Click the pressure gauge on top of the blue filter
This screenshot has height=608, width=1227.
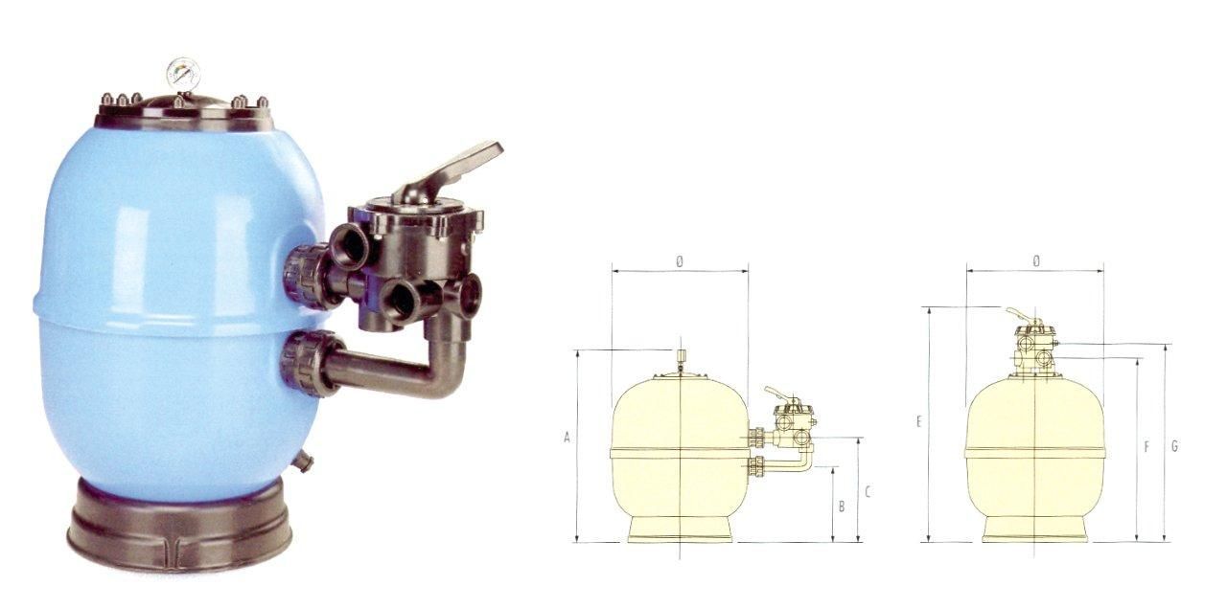[183, 73]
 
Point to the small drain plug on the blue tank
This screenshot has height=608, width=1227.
[303, 460]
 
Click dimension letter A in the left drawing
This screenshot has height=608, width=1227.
[567, 438]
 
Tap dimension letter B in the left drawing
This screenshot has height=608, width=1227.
[842, 507]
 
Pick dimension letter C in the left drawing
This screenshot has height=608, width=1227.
[868, 492]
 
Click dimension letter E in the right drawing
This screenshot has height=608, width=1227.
[919, 422]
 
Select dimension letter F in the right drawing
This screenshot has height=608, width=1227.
[1146, 448]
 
